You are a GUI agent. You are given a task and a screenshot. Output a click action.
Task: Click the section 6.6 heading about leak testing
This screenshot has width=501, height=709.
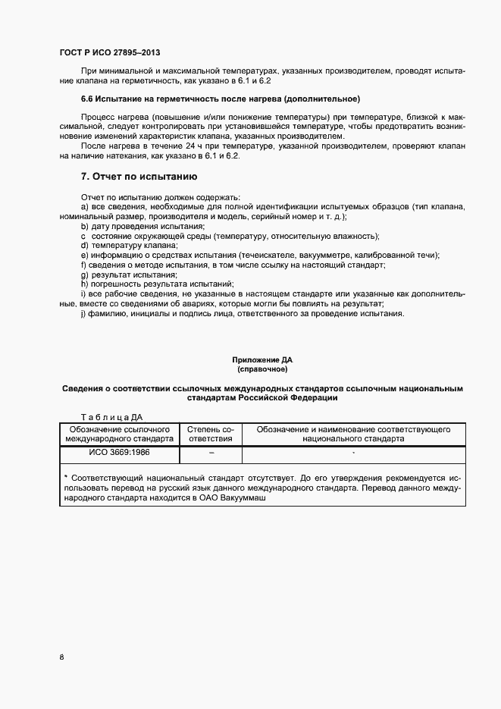220,99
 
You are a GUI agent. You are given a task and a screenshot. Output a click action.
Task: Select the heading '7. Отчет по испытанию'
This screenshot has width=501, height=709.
139,176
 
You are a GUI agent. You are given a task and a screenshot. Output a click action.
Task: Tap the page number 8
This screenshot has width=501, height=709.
61,657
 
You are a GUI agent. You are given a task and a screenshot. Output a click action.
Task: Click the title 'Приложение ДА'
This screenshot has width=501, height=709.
262,360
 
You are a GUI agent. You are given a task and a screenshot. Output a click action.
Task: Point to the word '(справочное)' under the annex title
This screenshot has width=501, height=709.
262,369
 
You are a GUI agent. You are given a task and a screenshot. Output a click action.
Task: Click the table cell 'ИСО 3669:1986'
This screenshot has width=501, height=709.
118,453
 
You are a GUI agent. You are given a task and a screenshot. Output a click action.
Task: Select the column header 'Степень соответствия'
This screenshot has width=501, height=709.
211,434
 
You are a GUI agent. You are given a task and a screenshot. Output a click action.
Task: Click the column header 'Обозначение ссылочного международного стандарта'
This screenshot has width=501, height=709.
118,434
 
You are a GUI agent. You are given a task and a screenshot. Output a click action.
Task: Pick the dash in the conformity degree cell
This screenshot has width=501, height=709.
211,453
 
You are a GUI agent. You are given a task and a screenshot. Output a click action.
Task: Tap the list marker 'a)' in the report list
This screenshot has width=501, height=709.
84,207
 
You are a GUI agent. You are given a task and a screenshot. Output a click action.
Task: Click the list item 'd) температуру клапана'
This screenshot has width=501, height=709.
129,246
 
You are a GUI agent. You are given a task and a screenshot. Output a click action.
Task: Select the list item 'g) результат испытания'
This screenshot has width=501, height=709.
129,275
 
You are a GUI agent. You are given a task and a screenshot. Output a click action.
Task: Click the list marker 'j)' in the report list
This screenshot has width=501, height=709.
83,313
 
